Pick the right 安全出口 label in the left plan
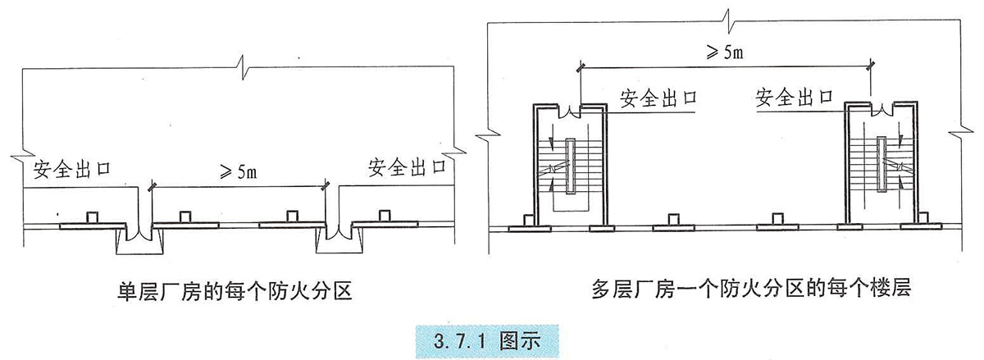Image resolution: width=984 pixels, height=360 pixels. click(x=407, y=168)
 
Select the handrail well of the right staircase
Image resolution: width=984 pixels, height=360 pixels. click(x=881, y=163)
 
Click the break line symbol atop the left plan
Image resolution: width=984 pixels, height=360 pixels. click(x=238, y=64)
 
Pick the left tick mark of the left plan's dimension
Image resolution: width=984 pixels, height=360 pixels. click(x=150, y=188)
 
